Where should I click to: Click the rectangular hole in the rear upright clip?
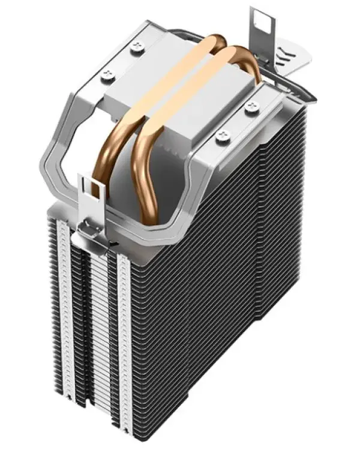(x=262, y=20)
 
